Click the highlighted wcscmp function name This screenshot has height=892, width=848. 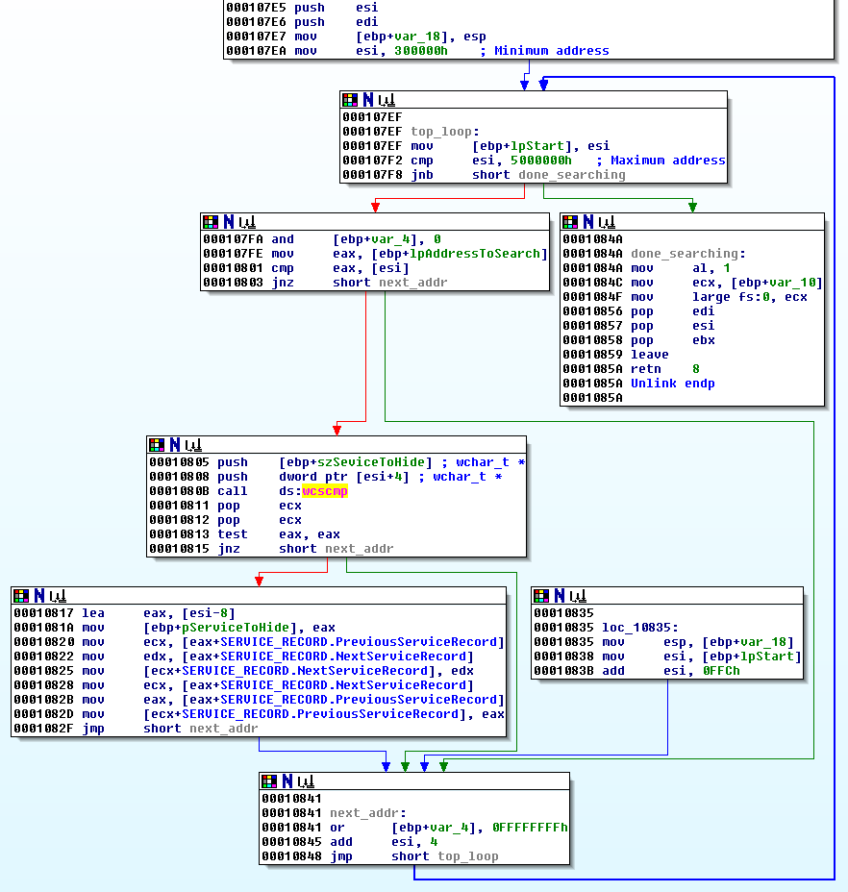pos(324,491)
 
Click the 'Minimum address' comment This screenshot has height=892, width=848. pos(551,51)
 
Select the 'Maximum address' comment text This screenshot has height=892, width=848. pos(667,161)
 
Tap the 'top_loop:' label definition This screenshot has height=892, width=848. pos(444,132)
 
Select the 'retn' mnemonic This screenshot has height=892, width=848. pos(646,369)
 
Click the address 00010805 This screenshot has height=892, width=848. pos(178,462)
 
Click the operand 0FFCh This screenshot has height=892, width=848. pos(720,670)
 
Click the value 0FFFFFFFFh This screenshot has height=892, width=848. pos(530,827)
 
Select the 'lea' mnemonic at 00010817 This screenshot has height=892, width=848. pos(92,613)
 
